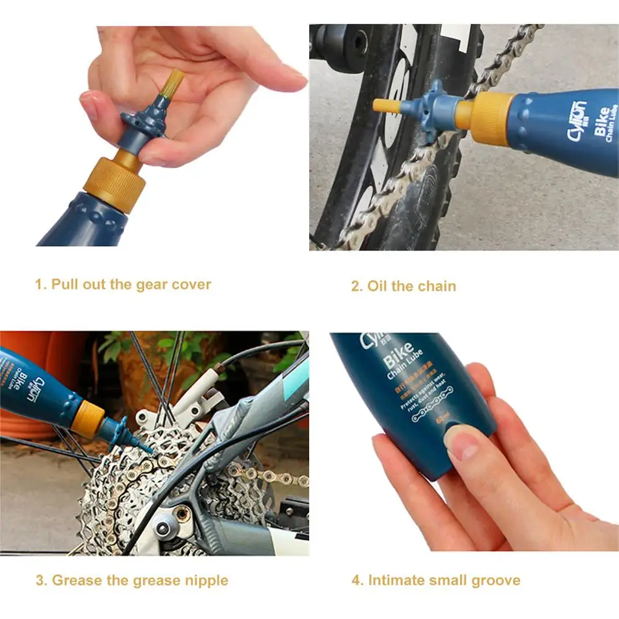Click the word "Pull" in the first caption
[64, 285]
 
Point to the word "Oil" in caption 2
[377, 286]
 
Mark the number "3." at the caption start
[41, 581]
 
